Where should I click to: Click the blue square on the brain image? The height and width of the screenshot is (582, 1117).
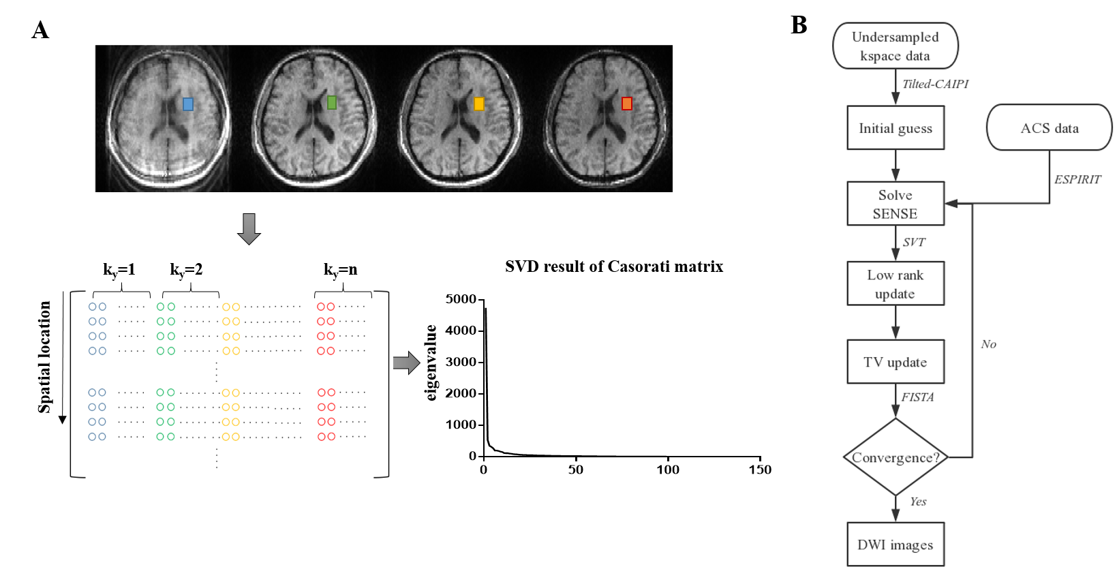[x=188, y=104]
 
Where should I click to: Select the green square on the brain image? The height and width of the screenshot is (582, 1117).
[x=332, y=102]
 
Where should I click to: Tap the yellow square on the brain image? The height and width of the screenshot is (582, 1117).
[x=479, y=104]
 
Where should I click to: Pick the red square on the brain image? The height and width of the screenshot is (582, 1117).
[x=627, y=104]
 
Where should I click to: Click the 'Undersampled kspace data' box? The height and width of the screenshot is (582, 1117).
[x=895, y=46]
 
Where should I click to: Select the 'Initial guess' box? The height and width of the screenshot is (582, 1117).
[x=895, y=128]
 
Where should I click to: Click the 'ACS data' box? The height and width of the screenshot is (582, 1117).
[x=1049, y=128]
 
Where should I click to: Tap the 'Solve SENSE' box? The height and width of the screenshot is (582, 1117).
[x=895, y=204]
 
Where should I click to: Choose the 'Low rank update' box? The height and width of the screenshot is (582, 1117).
[x=895, y=284]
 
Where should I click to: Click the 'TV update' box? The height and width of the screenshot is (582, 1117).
[x=895, y=362]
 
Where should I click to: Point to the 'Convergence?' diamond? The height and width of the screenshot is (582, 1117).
[x=895, y=457]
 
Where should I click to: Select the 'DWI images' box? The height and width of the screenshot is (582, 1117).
[x=895, y=545]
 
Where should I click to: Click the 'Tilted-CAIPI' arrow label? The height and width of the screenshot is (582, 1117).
[x=935, y=84]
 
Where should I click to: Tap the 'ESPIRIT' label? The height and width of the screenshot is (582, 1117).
[x=1077, y=179]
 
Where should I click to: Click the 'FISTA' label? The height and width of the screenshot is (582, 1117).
[x=917, y=397]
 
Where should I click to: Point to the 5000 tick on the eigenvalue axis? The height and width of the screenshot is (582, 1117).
[x=461, y=299]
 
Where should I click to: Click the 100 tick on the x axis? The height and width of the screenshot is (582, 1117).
[x=668, y=470]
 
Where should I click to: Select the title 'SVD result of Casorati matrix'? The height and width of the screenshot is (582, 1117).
[x=614, y=266]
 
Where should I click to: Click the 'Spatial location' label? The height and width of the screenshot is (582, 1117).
[x=45, y=357]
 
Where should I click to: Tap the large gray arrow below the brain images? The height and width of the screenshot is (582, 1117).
[x=249, y=228]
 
